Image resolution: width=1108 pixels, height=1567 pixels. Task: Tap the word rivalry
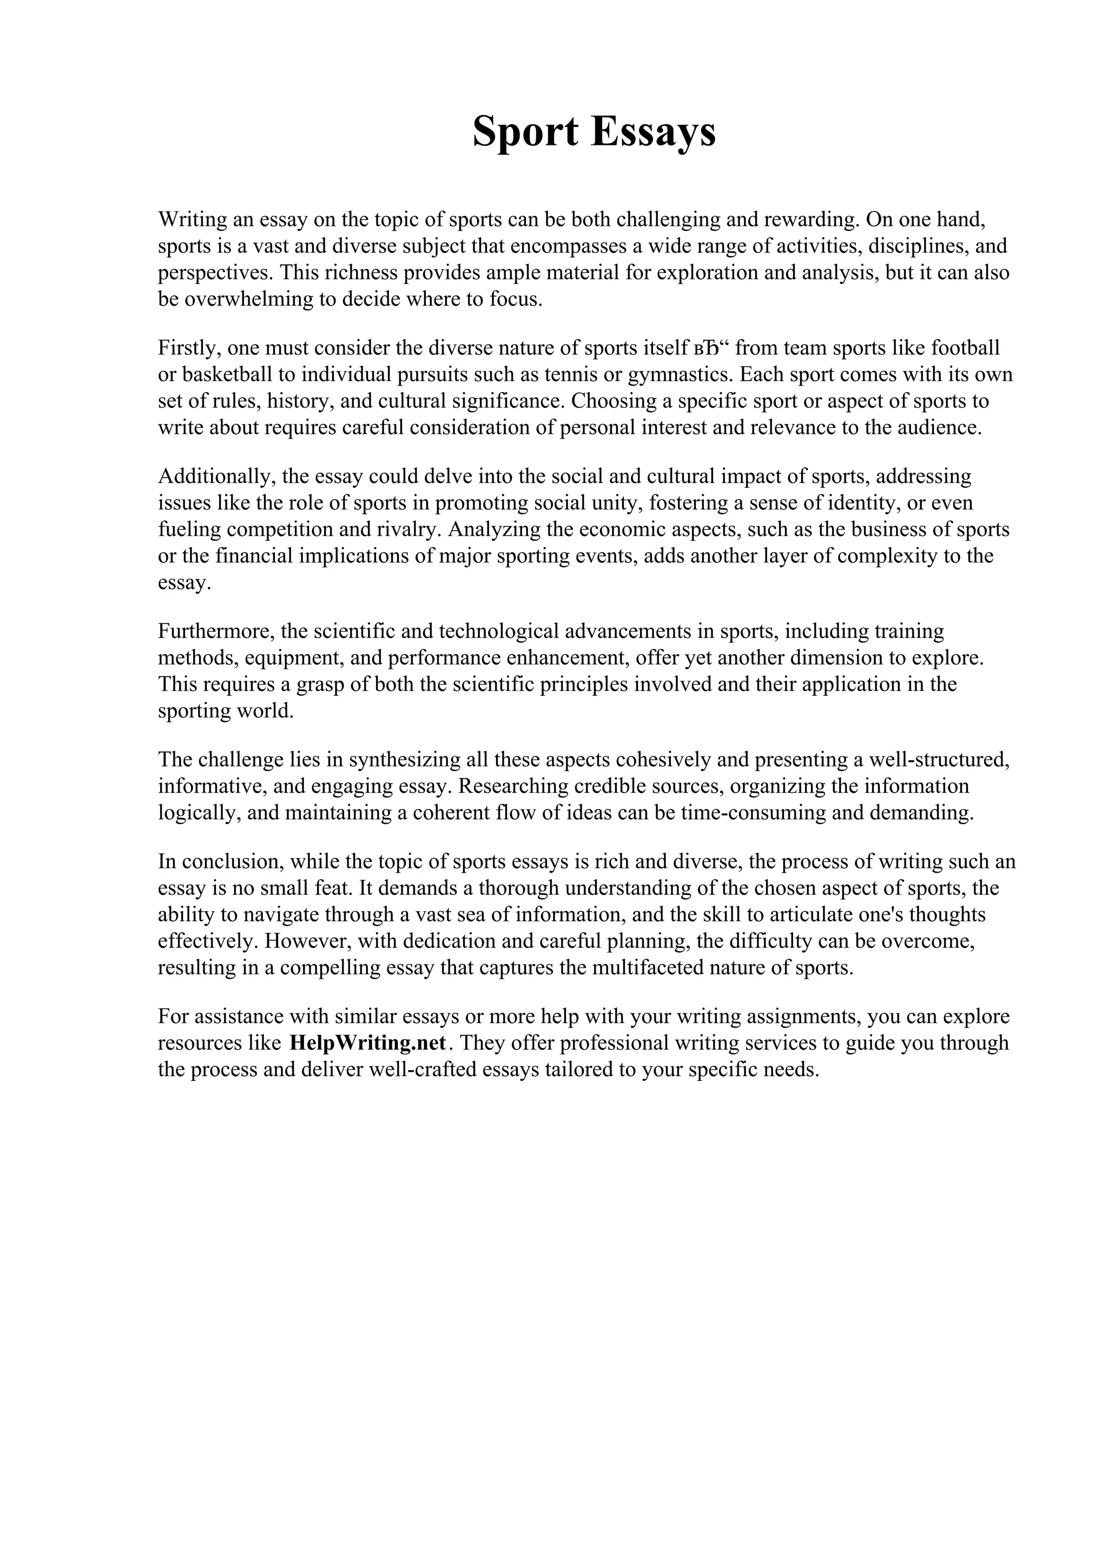coord(410,529)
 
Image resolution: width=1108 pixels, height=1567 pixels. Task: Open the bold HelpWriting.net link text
coord(368,1044)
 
